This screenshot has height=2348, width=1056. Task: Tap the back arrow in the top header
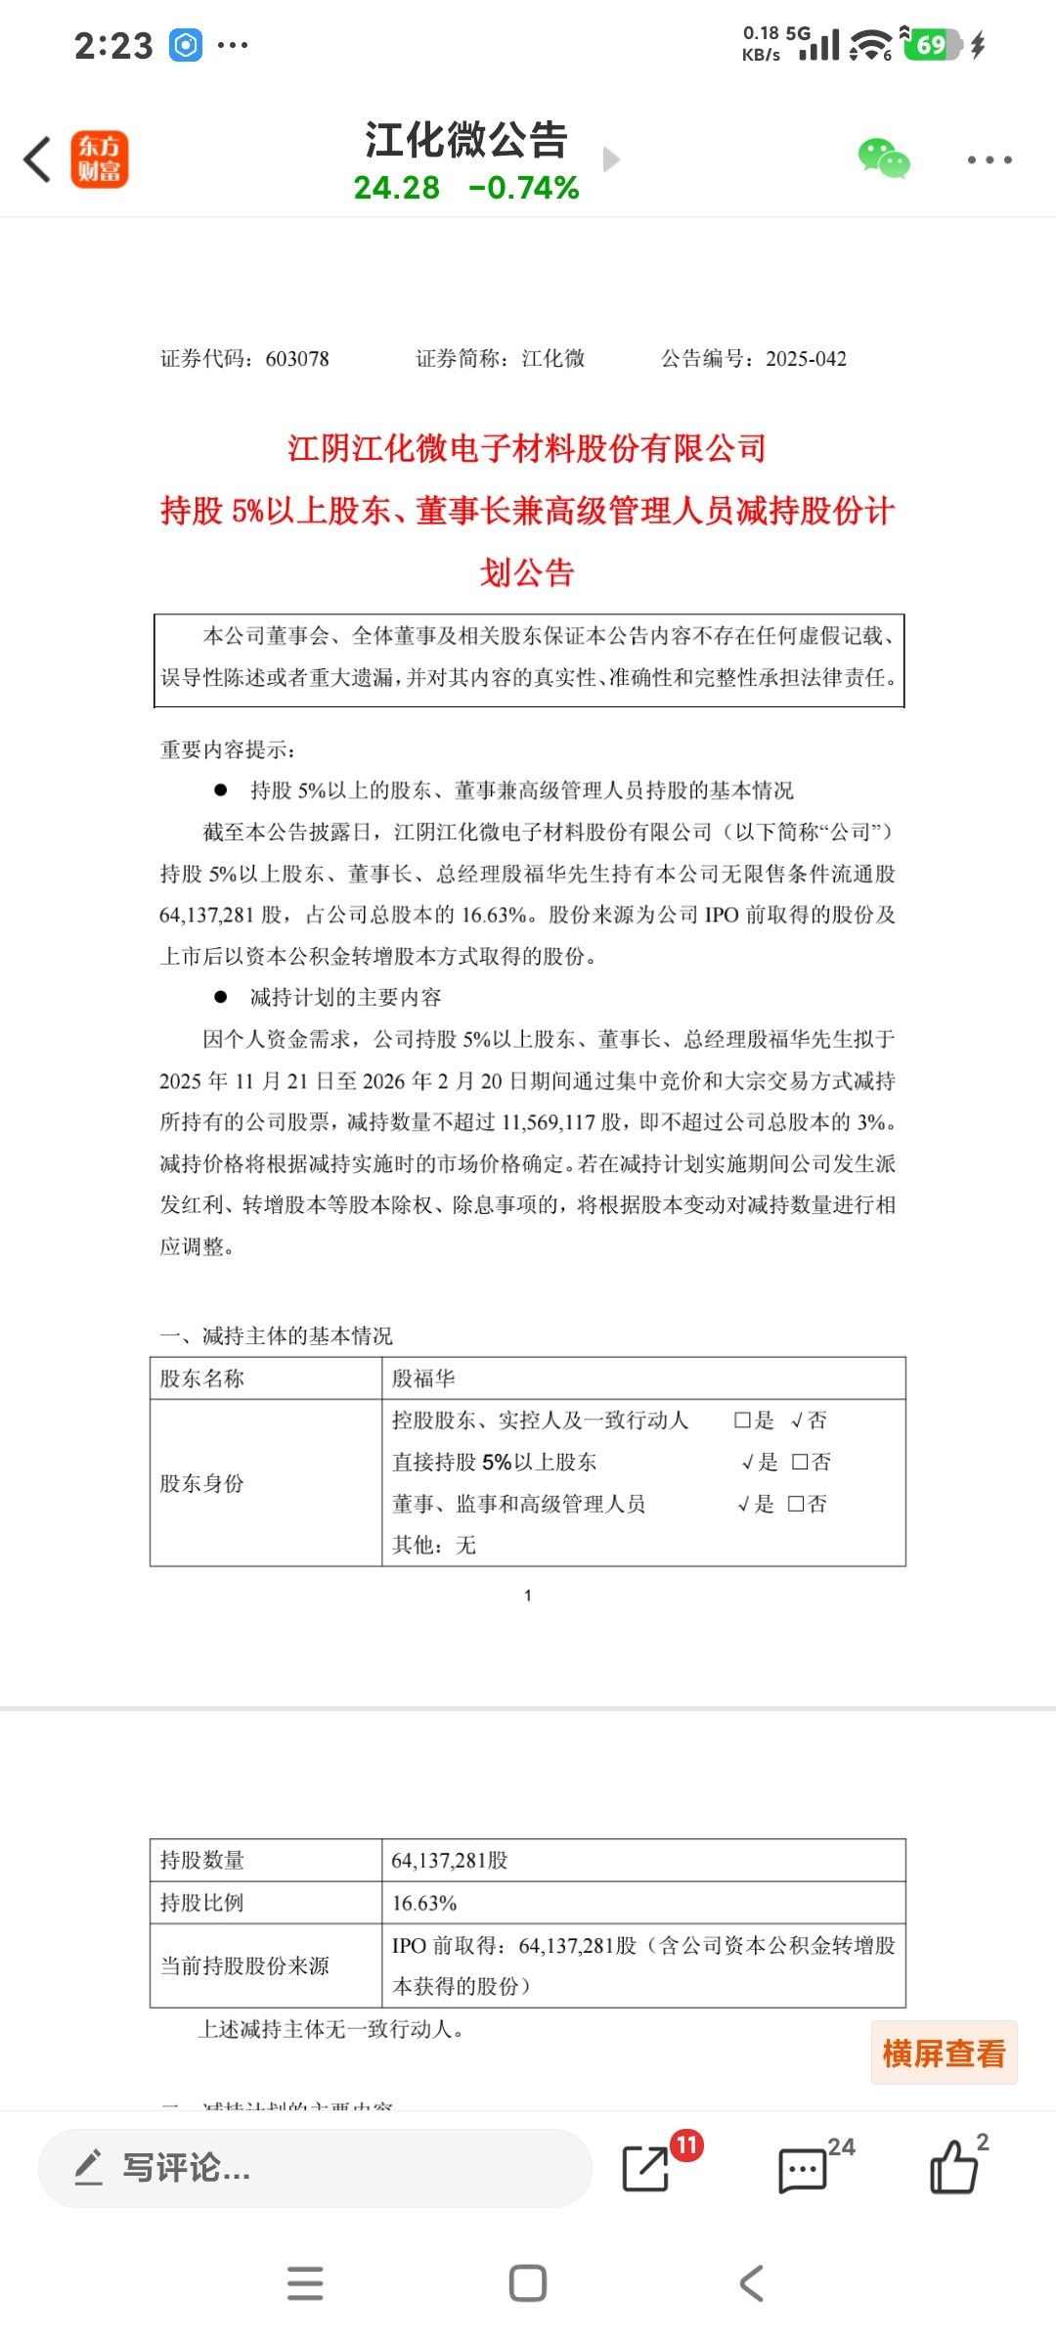click(x=37, y=159)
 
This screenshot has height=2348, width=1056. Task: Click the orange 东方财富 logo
click(x=100, y=159)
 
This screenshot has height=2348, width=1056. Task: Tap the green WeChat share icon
click(x=883, y=158)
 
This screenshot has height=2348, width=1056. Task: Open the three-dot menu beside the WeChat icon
click(x=990, y=159)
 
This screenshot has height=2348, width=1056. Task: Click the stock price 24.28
click(x=396, y=187)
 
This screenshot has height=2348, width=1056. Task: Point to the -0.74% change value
click(x=524, y=187)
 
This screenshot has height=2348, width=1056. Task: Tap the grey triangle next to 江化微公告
click(x=611, y=159)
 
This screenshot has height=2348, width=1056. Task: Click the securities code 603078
click(x=297, y=359)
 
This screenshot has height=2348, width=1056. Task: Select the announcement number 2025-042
click(x=806, y=359)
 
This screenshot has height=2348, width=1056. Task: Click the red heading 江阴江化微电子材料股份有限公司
click(x=527, y=448)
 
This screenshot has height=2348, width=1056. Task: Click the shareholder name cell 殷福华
click(x=423, y=1378)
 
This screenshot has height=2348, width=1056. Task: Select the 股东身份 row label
click(x=202, y=1483)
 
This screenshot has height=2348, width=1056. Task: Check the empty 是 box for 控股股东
click(x=743, y=1421)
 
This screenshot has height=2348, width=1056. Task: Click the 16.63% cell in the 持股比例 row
click(x=424, y=1903)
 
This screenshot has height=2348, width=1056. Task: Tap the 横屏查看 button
click(x=944, y=2053)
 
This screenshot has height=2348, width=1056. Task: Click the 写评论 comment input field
click(x=313, y=2168)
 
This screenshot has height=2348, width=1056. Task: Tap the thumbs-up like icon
click(x=953, y=2168)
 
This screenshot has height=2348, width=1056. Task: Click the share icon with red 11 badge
click(x=646, y=2168)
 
